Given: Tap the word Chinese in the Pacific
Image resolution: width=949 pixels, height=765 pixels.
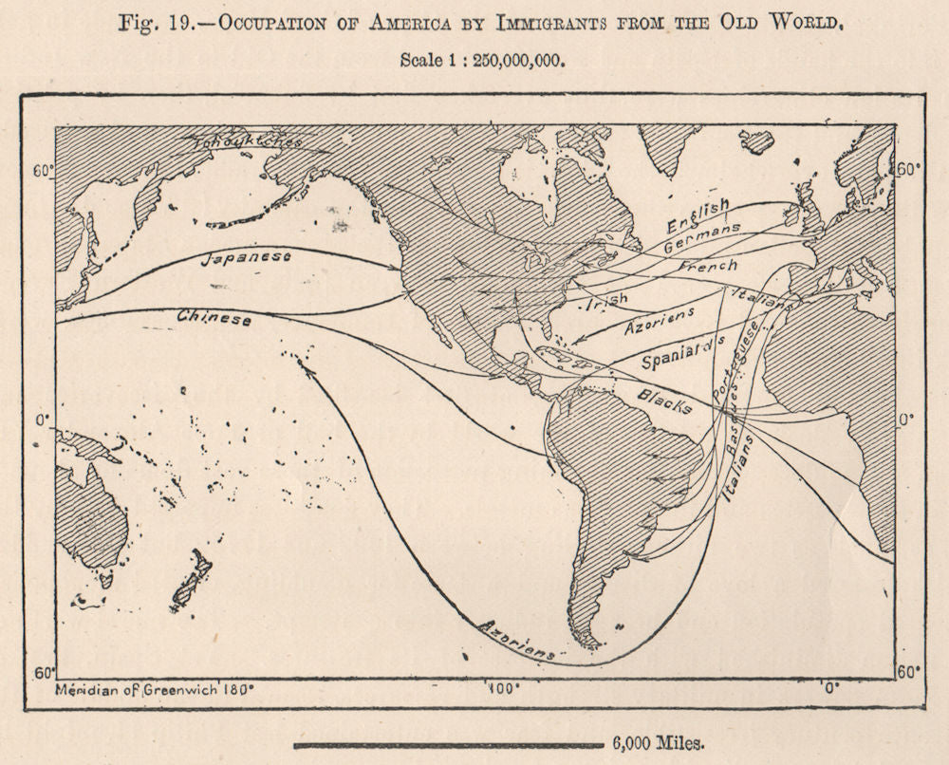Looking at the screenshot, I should click(214, 319).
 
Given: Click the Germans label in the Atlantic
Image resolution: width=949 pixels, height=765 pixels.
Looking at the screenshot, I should click(702, 238).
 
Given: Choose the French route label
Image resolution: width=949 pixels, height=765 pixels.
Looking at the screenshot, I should click(707, 267).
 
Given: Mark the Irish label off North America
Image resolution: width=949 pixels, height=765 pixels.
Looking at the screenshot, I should click(608, 303).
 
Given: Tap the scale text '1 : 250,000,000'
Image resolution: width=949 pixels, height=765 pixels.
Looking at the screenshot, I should click(481, 59).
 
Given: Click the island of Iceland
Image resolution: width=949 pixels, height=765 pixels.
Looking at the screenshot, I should click(756, 141).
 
